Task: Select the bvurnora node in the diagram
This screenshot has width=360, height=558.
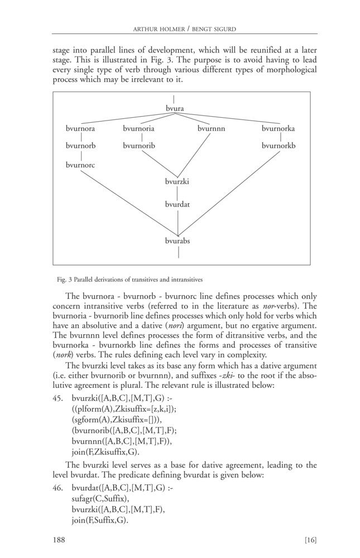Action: pos(80,129)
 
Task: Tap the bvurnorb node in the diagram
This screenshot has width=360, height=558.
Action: pos(80,146)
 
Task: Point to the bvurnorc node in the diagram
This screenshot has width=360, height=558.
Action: pos(80,165)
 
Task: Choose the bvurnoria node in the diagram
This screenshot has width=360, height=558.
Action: pos(139,129)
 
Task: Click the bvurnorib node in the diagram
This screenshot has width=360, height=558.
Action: pos(139,146)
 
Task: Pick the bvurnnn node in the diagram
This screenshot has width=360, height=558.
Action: pos(211,129)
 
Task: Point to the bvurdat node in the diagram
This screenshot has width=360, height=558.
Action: pos(177,205)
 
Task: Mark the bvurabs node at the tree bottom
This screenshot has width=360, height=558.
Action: pos(177,241)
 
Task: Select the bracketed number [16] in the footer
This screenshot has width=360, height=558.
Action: pos(309,540)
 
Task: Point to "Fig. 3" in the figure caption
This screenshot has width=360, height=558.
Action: pos(60,279)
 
